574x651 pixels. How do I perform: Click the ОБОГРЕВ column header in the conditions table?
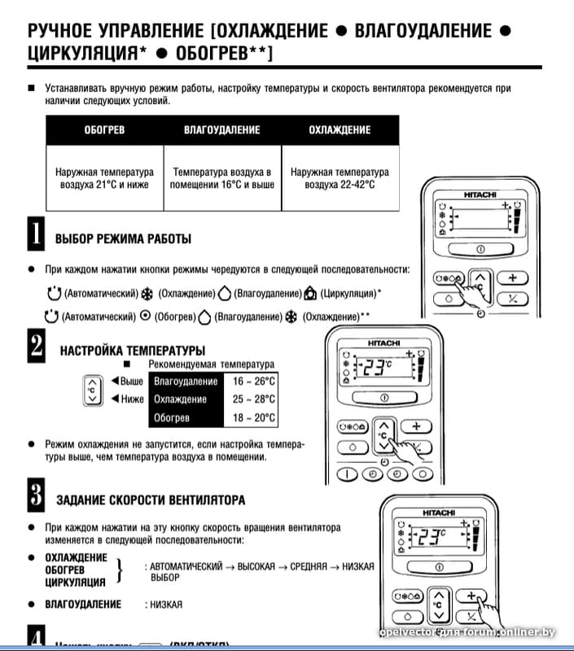tap(104, 130)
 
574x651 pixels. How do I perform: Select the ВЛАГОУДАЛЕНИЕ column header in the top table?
tap(222, 130)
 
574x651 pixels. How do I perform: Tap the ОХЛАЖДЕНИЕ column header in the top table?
tap(340, 130)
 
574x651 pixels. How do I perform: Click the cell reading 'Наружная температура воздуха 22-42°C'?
tap(340, 178)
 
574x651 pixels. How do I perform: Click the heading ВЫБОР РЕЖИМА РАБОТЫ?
tap(123, 239)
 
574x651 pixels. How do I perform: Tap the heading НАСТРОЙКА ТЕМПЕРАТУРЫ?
tap(121, 351)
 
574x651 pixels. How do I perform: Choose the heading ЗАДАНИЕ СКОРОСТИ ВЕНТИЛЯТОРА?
tap(151, 500)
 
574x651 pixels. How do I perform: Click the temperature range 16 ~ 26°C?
tap(254, 381)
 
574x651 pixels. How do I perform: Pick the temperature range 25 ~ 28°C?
tap(254, 400)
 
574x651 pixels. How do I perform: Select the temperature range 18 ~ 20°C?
tap(254, 418)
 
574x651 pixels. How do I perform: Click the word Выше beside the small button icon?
tap(130, 381)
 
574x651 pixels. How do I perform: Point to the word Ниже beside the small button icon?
tap(130, 399)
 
